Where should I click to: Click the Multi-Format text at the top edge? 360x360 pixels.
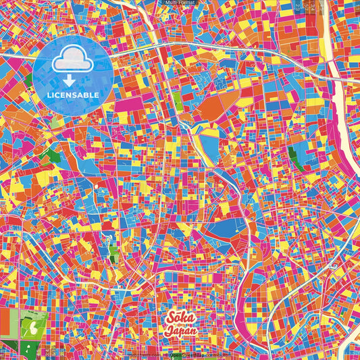(x=179, y=3)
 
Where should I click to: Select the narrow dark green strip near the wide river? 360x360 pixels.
(x=295, y=157)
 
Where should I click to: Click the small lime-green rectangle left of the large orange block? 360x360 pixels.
(x=177, y=99)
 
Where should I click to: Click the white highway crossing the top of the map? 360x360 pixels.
(x=203, y=51)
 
